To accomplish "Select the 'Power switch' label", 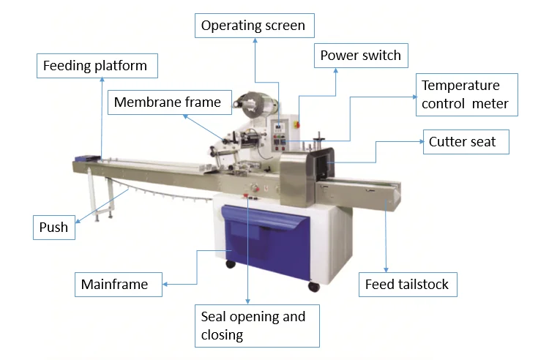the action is click(x=361, y=56).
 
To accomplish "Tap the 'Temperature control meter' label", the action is click(x=466, y=94).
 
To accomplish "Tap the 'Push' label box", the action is click(x=54, y=228).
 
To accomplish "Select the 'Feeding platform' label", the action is click(x=94, y=66).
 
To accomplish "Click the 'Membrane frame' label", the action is click(x=168, y=102).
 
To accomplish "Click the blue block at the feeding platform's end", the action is click(x=87, y=157).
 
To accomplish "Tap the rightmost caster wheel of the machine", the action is click(x=314, y=286).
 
